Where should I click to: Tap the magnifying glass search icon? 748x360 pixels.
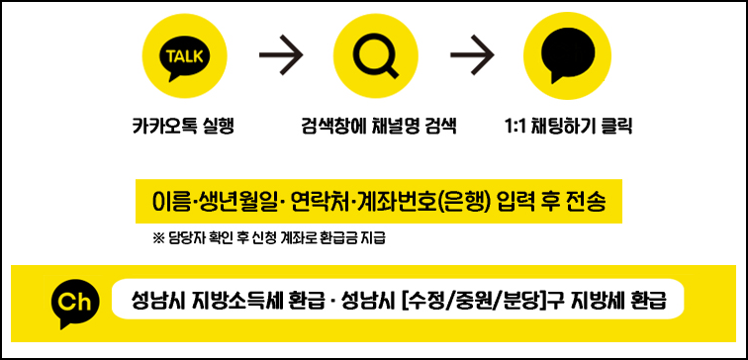(x=375, y=57)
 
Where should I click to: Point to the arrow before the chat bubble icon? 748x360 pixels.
(x=472, y=58)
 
